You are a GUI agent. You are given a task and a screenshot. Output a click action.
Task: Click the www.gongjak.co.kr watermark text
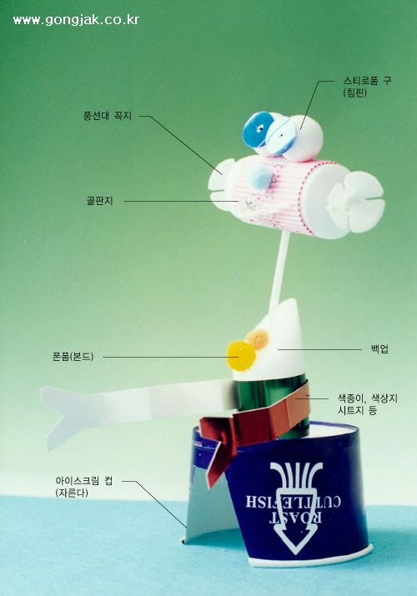[x=76, y=20]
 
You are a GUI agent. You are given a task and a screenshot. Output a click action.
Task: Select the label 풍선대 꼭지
[x=108, y=116]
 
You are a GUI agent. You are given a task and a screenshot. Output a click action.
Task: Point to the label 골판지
[x=99, y=201]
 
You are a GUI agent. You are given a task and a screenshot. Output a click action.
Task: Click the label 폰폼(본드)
[x=73, y=357]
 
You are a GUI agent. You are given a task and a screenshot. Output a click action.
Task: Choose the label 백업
[x=379, y=349]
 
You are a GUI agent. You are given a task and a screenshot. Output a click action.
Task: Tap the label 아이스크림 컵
[x=84, y=481]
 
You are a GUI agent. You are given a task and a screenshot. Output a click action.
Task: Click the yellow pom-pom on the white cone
[x=241, y=356]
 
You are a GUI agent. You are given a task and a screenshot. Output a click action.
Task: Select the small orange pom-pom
[x=258, y=339]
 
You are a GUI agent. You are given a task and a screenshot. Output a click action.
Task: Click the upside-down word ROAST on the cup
[x=297, y=518]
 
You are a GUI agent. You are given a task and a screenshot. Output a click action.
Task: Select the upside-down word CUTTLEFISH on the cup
[x=293, y=501]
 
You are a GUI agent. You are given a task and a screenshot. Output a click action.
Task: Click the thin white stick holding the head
[x=279, y=271]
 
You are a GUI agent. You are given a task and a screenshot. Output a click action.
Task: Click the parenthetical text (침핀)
[x=354, y=93]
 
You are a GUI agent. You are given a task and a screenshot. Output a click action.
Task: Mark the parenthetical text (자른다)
[x=72, y=493]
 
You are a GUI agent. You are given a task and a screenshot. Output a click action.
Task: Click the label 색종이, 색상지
[x=368, y=398]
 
